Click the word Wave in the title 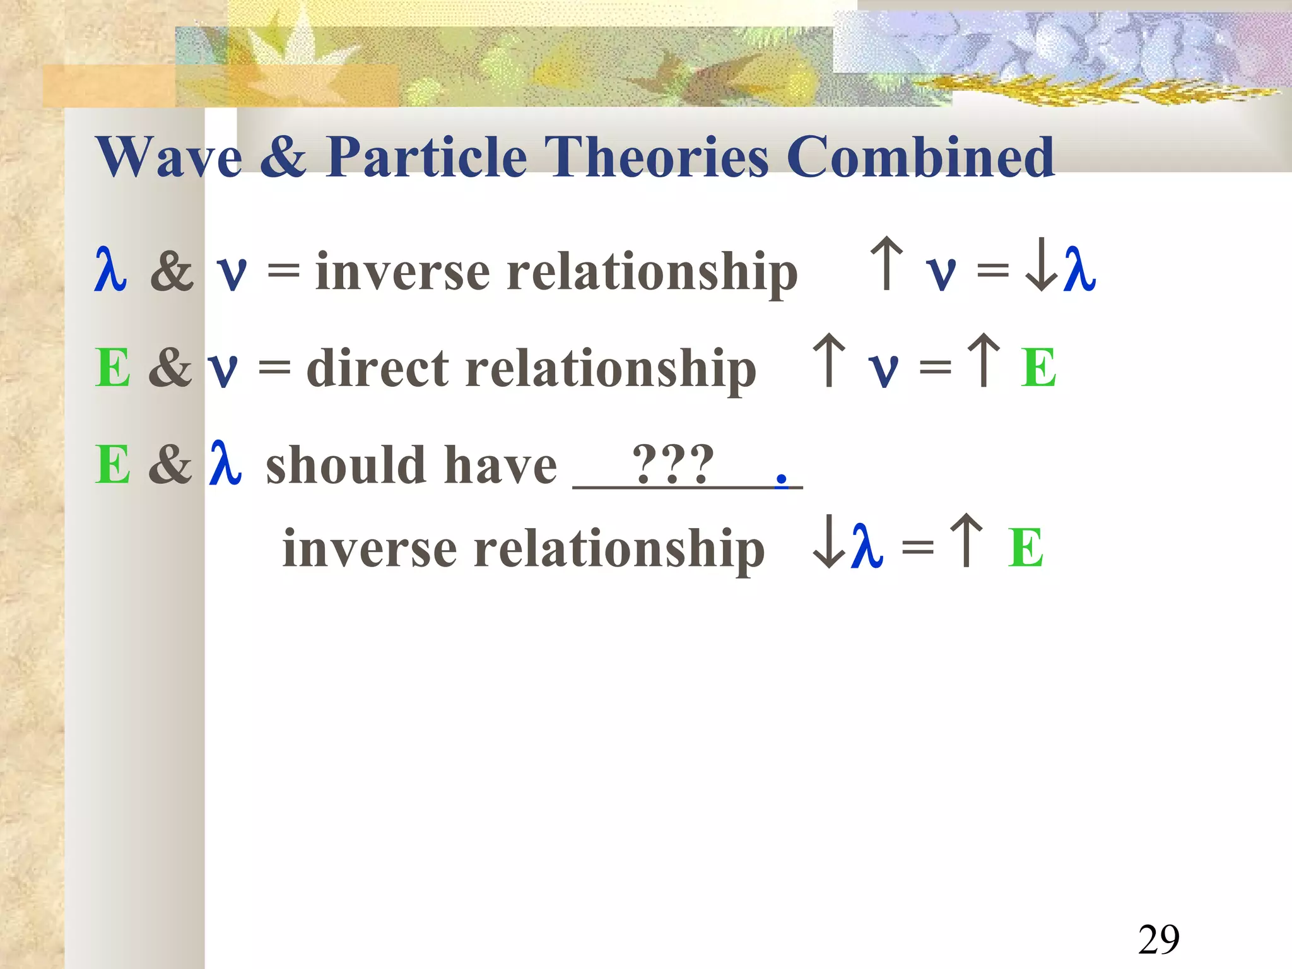(x=169, y=157)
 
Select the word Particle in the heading (x=426, y=157)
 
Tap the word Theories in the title (x=656, y=157)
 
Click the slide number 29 (x=1158, y=939)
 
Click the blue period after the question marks (x=782, y=479)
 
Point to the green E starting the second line (x=113, y=368)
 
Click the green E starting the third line (x=113, y=466)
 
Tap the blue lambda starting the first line (x=110, y=270)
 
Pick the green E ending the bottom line (x=1025, y=548)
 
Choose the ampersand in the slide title (x=283, y=157)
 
